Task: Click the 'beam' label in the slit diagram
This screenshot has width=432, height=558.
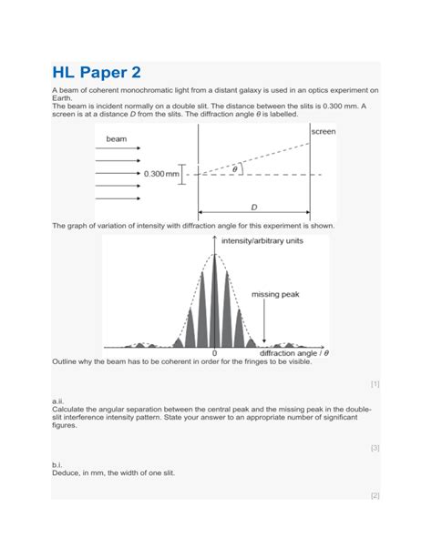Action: (117, 139)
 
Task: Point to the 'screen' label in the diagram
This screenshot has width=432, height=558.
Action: (323, 132)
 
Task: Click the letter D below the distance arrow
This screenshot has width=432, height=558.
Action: (254, 208)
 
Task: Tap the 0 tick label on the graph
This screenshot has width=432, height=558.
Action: (215, 353)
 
